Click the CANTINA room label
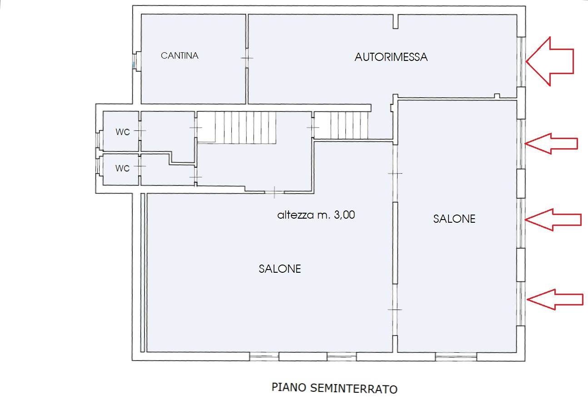tap(179, 56)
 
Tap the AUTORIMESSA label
tap(391, 57)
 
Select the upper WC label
tap(123, 132)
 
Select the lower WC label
tap(122, 168)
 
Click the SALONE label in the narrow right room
tap(454, 219)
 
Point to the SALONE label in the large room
tap(280, 269)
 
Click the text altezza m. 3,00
tap(316, 215)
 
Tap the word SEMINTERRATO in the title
tap(354, 388)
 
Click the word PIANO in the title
tap(289, 387)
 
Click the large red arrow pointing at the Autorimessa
tap(550, 61)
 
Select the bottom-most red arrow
tap(555, 300)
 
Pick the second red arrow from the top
tap(551, 144)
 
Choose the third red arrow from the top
tap(553, 220)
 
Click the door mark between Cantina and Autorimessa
tap(247, 58)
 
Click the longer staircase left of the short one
tap(245, 128)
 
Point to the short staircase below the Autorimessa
tap(341, 125)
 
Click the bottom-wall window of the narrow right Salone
tap(456, 357)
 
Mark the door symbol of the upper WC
tap(140, 130)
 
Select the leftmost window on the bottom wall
tap(264, 357)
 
